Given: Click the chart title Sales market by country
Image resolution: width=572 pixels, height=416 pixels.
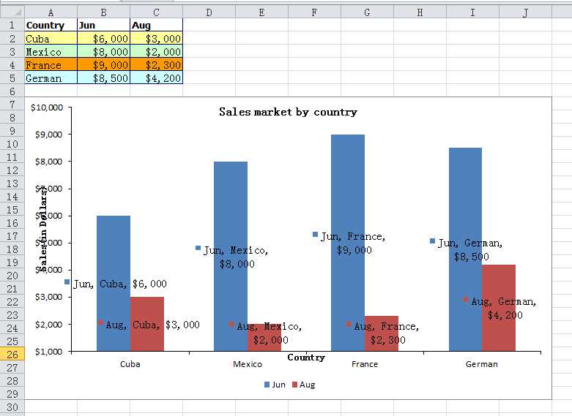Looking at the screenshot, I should [288, 112].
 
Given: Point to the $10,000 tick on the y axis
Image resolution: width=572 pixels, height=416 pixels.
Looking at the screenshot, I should [49, 107].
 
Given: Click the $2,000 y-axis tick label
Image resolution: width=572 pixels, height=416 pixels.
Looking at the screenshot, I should [49, 324].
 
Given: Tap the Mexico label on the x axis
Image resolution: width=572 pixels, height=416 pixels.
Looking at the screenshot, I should [248, 364].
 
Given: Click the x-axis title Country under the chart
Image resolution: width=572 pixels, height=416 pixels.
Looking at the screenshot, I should [306, 358].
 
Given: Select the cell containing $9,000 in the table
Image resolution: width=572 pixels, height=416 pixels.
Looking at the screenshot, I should [103, 65].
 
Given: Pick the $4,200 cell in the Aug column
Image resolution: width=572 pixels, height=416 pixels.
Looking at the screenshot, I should [156, 78].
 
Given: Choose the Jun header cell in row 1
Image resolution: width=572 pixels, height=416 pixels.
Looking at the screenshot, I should [103, 26].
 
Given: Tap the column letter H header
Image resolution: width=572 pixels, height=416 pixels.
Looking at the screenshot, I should [420, 12].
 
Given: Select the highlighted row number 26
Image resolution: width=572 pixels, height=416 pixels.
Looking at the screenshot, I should [12, 355].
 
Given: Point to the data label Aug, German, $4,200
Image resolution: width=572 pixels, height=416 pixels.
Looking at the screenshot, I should [504, 308].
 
